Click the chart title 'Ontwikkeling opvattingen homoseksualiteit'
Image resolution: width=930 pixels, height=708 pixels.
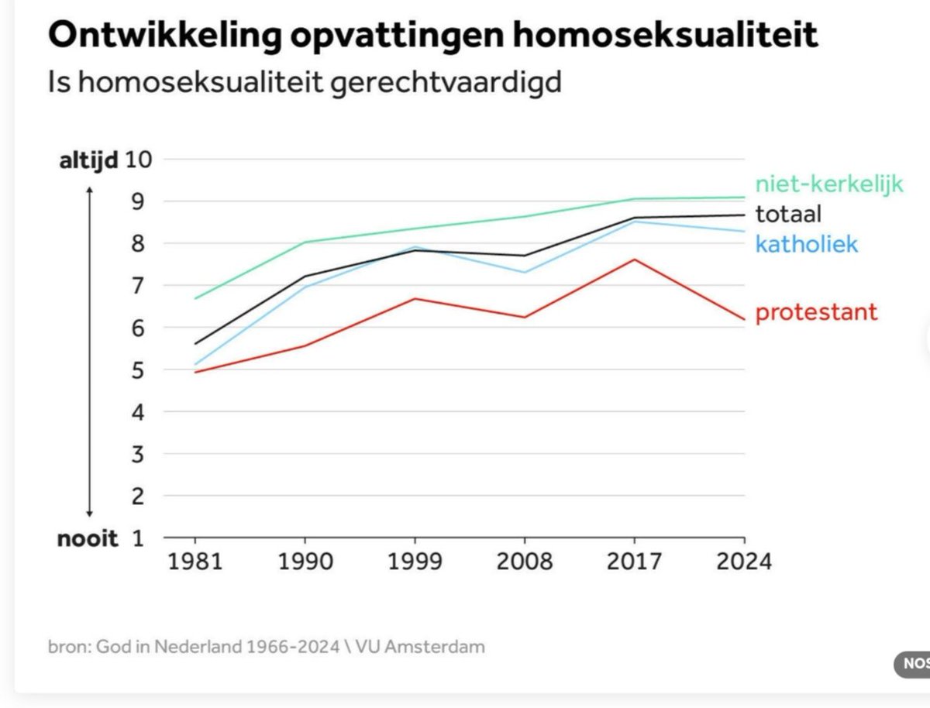(433, 36)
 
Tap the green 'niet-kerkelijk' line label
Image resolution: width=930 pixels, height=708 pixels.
(829, 184)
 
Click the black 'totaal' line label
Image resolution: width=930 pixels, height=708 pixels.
(788, 214)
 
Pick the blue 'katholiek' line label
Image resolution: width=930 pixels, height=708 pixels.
(807, 245)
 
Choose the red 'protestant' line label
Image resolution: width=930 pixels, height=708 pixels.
(816, 312)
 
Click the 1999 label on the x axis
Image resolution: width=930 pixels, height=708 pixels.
(414, 560)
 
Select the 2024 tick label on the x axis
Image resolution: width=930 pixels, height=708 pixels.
(743, 560)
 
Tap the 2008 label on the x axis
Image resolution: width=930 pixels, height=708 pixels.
(524, 560)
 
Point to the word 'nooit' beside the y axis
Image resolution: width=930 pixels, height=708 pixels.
(88, 538)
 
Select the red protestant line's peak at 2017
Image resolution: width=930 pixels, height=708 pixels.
(634, 259)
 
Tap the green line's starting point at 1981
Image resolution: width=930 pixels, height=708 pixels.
(195, 298)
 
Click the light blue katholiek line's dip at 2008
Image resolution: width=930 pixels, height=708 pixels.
(525, 272)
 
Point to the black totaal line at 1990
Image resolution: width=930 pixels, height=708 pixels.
(305, 276)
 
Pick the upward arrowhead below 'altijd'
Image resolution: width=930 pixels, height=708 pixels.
(89, 190)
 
